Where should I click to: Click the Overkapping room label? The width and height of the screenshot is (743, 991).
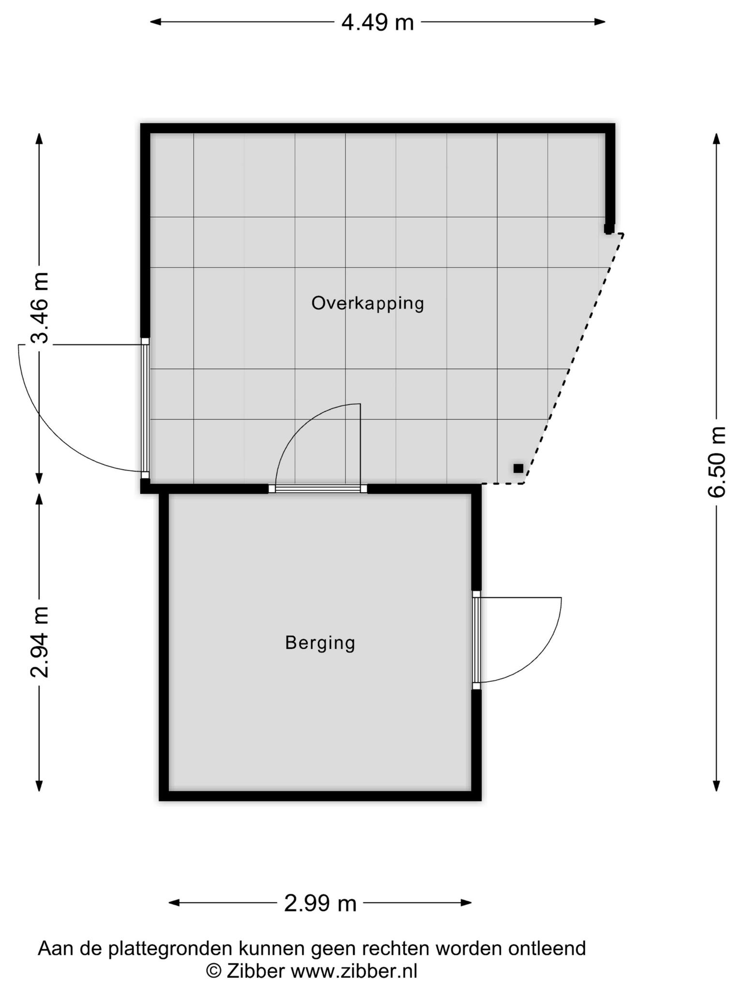[368, 303]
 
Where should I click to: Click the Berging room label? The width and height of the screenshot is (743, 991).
[320, 643]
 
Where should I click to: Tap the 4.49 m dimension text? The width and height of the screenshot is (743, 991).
[378, 22]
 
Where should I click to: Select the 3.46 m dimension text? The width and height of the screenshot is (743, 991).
[40, 308]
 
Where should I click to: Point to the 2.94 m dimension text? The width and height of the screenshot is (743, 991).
[40, 642]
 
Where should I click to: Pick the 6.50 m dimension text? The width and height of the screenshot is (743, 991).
[717, 462]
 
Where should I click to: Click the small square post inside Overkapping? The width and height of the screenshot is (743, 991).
[519, 468]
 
